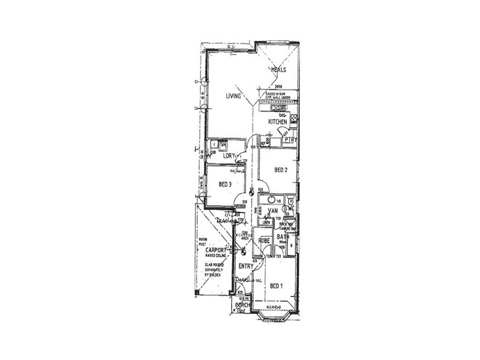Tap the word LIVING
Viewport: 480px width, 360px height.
tap(233, 96)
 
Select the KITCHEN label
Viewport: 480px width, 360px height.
tap(277, 122)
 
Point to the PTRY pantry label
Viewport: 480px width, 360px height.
tap(291, 139)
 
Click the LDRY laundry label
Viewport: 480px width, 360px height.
tap(229, 155)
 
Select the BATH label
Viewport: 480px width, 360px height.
tap(283, 238)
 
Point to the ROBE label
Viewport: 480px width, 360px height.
tap(263, 241)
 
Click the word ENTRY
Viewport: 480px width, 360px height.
tap(245, 266)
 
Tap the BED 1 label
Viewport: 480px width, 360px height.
tap(276, 286)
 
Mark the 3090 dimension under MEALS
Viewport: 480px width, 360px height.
tap(278, 87)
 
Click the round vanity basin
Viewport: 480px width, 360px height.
tap(271, 199)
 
